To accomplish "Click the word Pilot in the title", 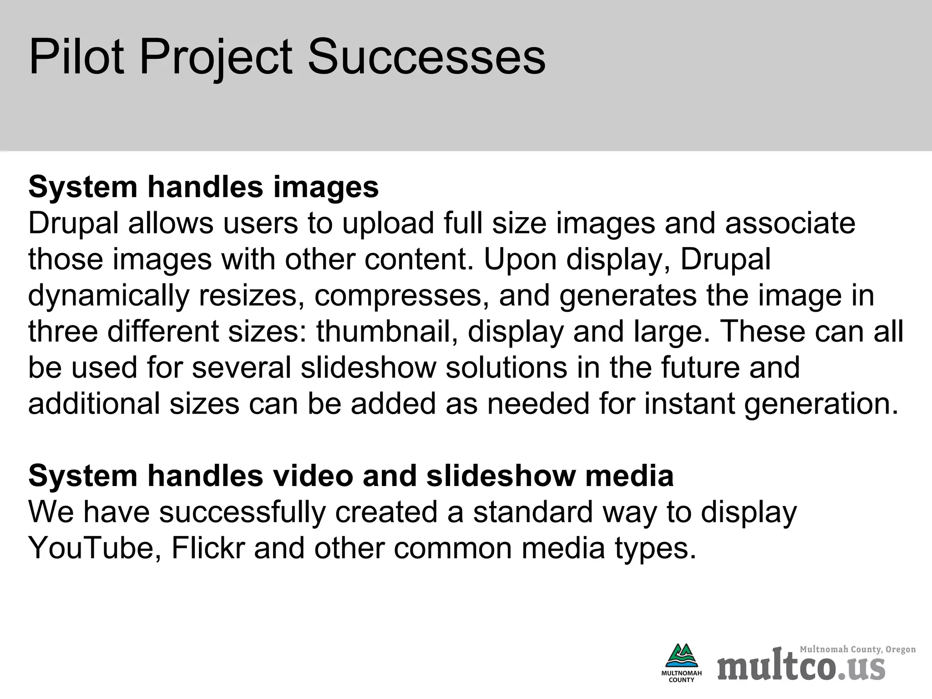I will pos(76,57).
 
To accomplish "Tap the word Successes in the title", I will pos(426,57).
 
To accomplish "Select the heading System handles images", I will pos(203,187).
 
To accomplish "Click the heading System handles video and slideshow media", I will pos(351,476).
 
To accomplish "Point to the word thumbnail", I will pos(387,332).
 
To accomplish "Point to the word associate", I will pos(790,223).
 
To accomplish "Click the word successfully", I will pos(243,512).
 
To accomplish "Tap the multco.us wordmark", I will pos(801,668).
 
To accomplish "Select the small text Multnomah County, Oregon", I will pos(857,649).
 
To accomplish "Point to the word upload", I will pos(388,223).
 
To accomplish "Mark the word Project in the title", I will pos(216,57).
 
